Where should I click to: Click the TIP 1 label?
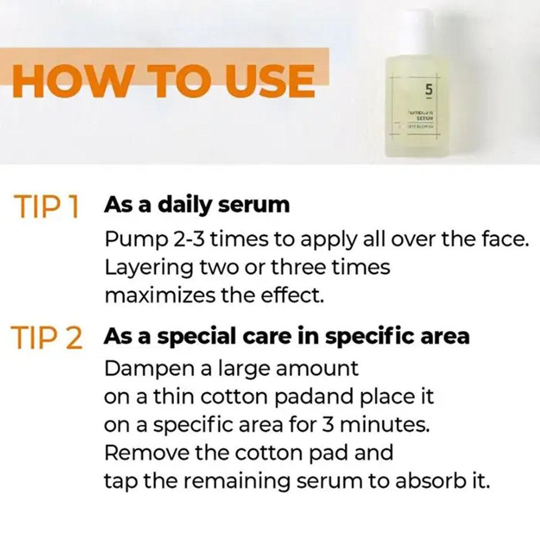point(46,207)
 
